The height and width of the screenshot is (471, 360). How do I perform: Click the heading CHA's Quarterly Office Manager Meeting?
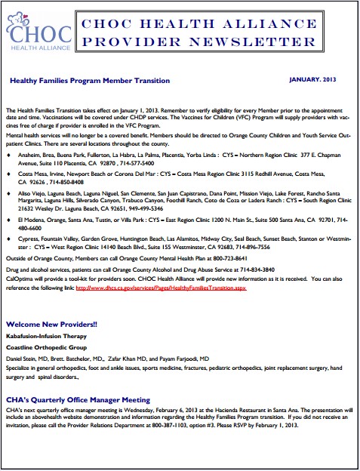pyautogui.click(x=77, y=399)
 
